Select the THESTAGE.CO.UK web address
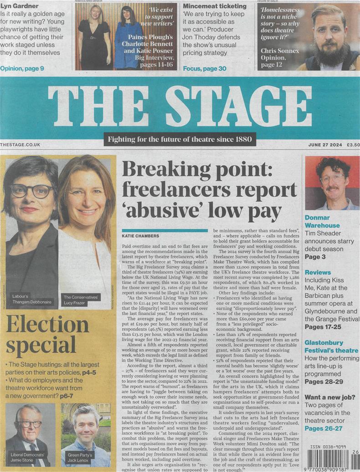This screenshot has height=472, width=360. tap(21, 145)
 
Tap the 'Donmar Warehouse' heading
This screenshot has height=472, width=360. tap(322, 222)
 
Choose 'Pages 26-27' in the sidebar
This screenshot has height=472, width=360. tap(324, 428)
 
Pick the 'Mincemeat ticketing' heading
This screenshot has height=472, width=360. tap(215, 6)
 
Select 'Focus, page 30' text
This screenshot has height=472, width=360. tap(205, 68)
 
